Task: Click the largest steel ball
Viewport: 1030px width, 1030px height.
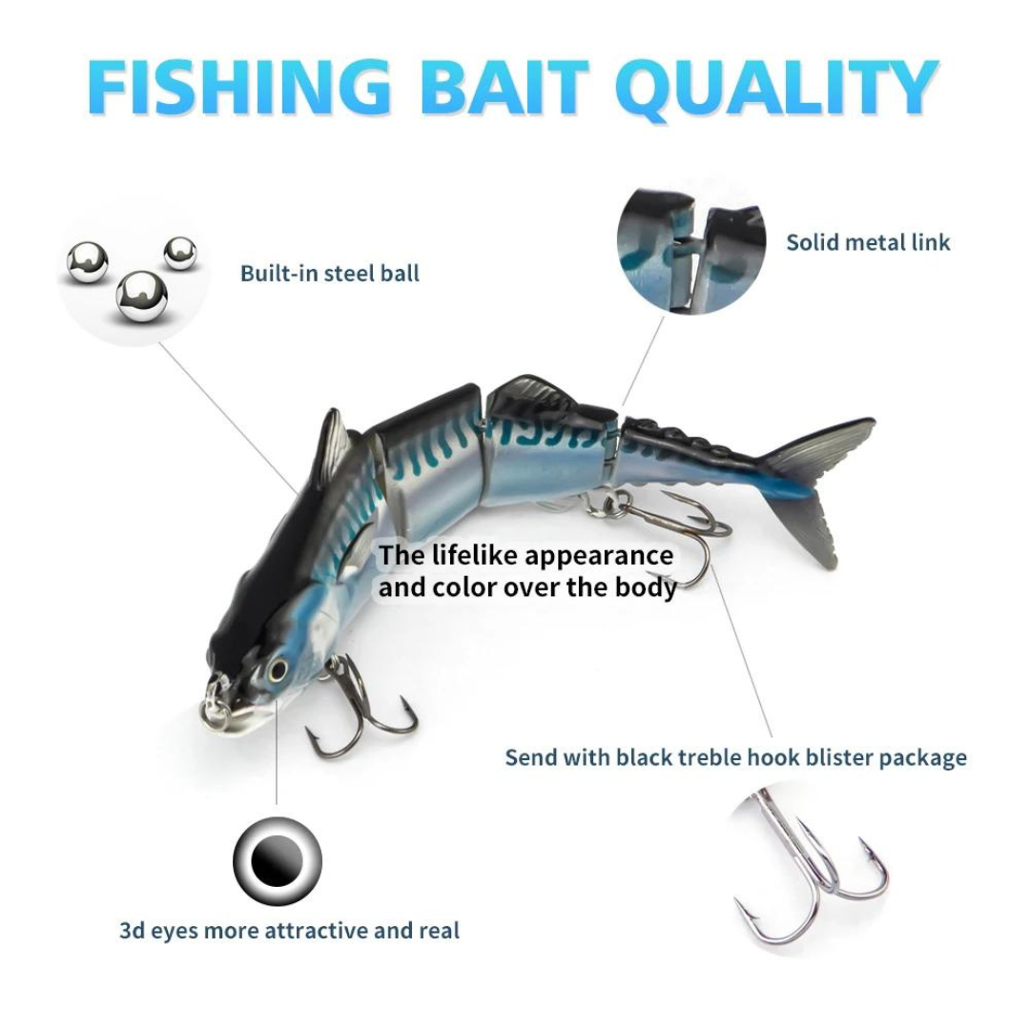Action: click(142, 297)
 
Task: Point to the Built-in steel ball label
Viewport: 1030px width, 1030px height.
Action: click(330, 274)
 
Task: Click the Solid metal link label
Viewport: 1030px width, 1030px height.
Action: click(868, 242)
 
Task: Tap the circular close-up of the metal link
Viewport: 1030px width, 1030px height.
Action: click(691, 251)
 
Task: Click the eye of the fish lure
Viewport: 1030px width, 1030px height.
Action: click(278, 669)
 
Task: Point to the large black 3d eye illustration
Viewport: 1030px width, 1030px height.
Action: click(278, 861)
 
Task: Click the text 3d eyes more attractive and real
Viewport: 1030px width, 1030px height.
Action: click(290, 931)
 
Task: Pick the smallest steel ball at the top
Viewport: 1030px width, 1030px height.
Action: click(179, 253)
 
